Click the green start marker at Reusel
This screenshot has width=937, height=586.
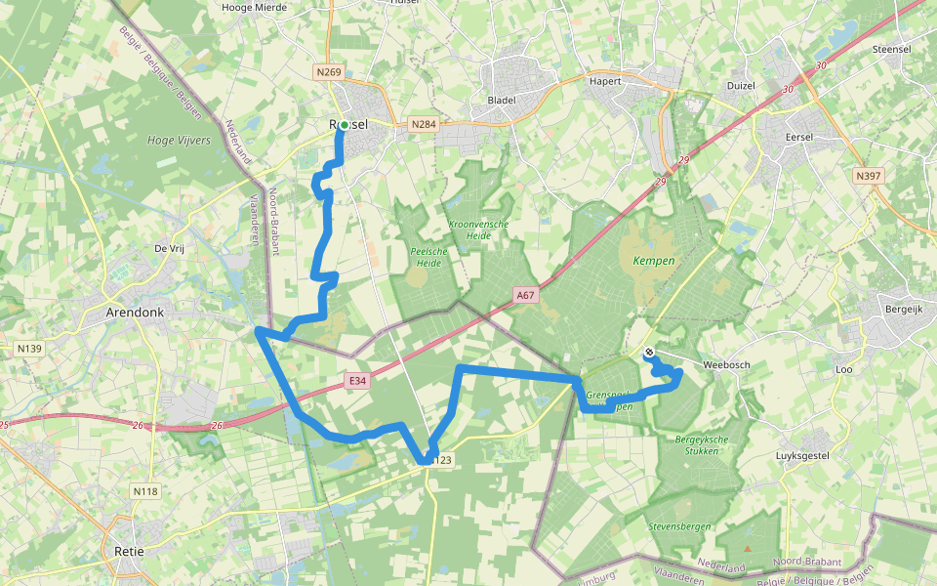point(344,125)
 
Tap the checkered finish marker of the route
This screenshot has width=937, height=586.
point(649,353)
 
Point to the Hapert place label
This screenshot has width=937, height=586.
point(605,81)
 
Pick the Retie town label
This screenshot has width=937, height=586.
point(129,551)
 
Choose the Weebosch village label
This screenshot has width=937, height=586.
point(724,364)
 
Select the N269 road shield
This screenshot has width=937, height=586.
point(329,72)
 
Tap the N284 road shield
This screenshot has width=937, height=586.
point(423,124)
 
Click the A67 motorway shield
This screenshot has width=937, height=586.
point(527,293)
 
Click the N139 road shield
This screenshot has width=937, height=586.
point(29,348)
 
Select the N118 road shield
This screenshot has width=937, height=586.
point(145,491)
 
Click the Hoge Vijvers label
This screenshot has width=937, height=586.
point(179,141)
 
